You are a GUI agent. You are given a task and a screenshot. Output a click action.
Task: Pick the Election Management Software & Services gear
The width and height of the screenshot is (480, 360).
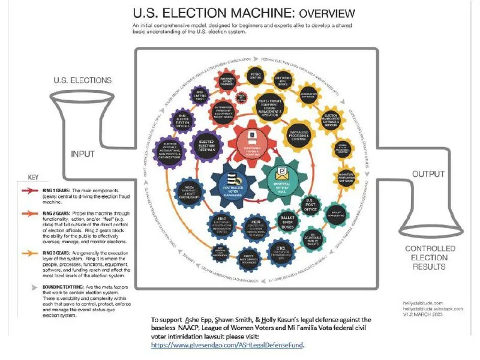[335, 117]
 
